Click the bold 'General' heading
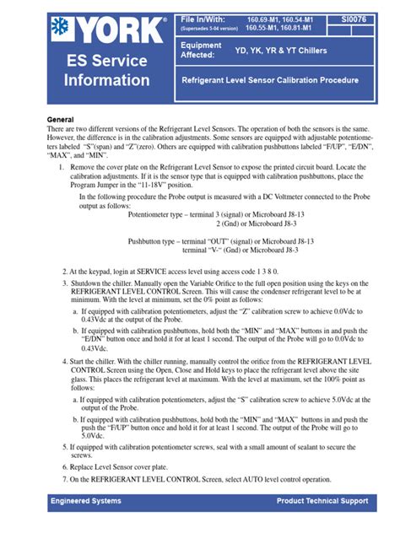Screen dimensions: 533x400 click(60, 121)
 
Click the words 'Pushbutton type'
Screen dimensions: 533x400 click(158, 241)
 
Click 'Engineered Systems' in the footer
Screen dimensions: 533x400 click(86, 501)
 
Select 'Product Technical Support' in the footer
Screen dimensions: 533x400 click(322, 501)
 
